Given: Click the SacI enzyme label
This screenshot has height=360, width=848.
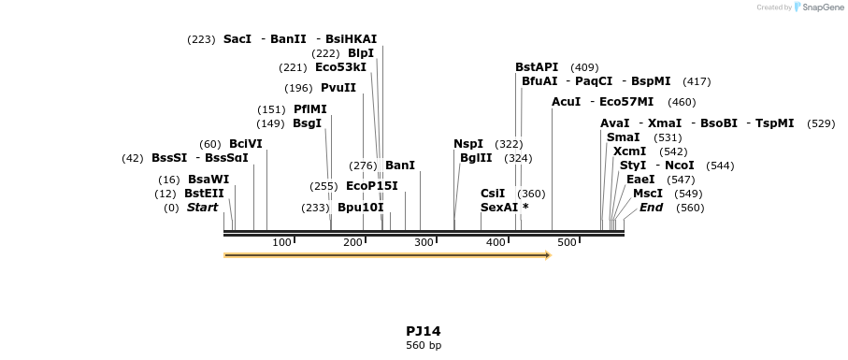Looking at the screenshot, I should [237, 39].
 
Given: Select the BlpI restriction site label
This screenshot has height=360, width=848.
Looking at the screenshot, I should [361, 53].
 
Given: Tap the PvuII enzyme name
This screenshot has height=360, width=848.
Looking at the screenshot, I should [338, 88].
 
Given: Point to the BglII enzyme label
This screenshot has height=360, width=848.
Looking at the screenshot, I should [476, 158].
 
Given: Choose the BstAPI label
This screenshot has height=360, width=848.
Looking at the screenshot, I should [537, 67].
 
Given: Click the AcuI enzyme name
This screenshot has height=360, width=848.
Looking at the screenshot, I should [567, 102].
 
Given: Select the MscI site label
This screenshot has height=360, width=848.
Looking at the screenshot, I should [648, 194].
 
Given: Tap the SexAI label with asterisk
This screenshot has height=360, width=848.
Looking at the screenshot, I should [504, 208].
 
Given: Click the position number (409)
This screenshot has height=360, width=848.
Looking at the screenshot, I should [584, 67].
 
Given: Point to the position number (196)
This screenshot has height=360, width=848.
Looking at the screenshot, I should [298, 89].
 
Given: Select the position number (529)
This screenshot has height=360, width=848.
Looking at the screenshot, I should [821, 123].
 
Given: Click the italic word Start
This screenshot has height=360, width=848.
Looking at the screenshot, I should [202, 208].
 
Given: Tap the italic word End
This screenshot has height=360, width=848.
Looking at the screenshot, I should [651, 208].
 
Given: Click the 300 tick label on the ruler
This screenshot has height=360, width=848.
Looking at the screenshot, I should [424, 243].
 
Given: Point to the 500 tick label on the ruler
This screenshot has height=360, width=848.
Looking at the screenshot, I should [567, 243].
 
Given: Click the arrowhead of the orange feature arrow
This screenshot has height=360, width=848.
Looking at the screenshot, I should [548, 254].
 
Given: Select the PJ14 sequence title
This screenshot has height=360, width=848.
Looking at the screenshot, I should [423, 331].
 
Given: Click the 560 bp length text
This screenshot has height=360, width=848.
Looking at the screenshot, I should [423, 346].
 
